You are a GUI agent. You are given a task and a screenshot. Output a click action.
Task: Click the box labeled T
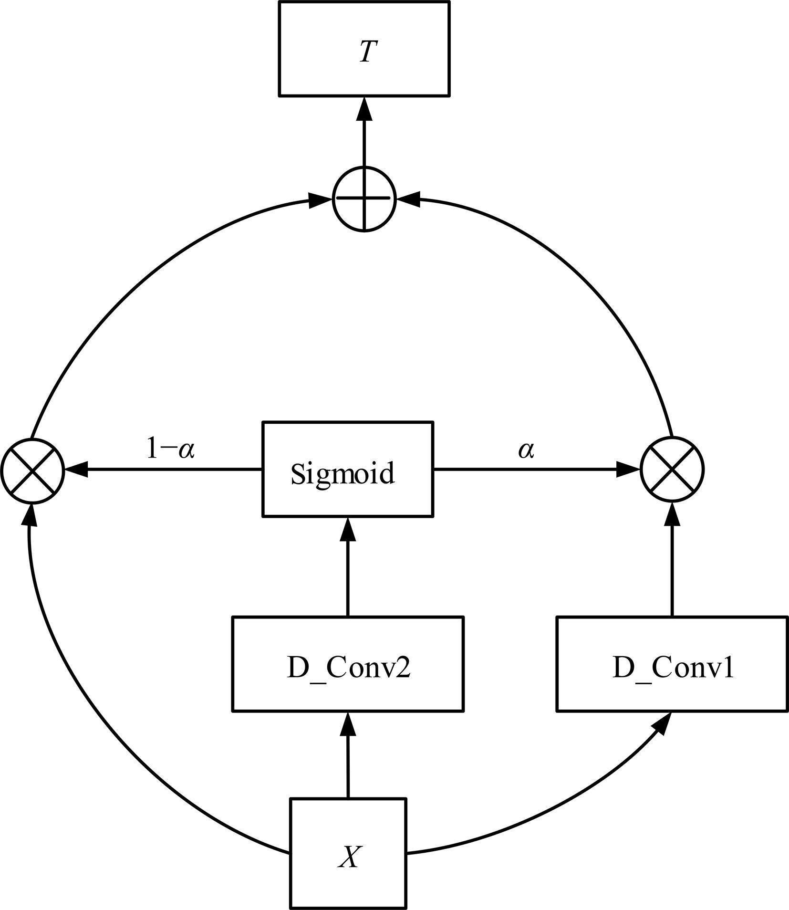coord(363,48)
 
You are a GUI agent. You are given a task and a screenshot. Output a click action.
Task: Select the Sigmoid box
coord(347,469)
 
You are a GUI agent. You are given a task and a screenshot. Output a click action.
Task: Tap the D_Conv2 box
coord(347,664)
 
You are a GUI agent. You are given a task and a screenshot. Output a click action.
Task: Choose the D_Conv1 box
coord(672,664)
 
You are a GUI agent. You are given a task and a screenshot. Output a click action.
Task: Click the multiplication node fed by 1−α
coord(32,470)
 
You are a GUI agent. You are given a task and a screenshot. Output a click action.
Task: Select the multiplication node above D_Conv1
coord(672,470)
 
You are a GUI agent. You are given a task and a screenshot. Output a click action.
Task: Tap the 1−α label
coord(171,449)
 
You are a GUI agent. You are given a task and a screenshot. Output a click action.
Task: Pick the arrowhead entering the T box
coord(364,108)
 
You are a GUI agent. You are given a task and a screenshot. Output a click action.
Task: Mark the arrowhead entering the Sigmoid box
coord(347,529)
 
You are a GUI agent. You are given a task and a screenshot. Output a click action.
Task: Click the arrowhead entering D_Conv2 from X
coord(347,724)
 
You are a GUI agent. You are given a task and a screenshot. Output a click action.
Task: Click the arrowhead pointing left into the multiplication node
coord(76,470)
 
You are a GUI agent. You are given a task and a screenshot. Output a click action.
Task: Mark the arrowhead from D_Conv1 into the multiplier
coord(672,513)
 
